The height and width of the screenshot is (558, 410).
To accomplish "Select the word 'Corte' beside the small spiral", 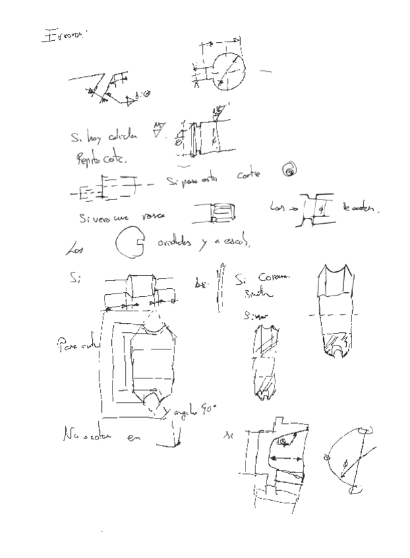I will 249,175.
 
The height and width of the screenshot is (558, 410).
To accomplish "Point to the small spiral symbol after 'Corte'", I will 288,171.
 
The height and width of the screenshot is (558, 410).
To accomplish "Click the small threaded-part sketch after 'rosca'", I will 219,212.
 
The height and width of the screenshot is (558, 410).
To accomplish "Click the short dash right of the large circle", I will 265,70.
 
